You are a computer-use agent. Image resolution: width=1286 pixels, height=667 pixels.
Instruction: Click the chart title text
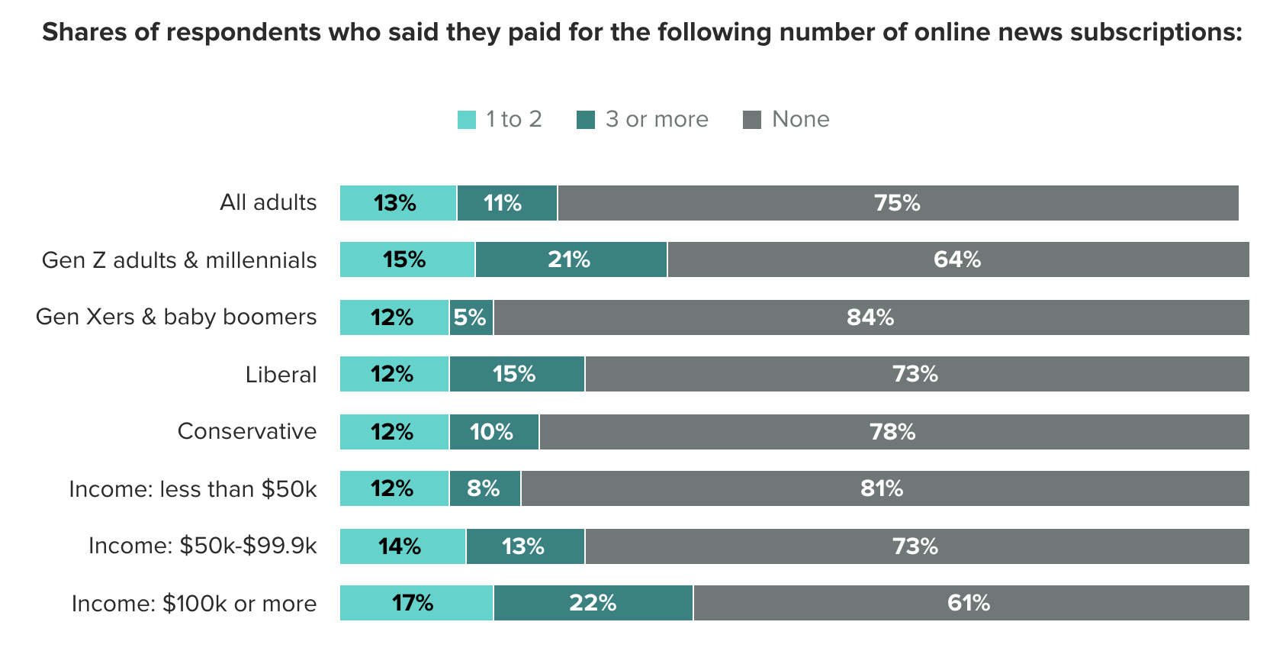pos(642,33)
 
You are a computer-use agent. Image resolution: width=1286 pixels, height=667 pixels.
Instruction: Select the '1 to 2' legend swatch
pos(466,120)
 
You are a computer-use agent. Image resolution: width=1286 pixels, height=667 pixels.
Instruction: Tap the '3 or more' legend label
pos(657,120)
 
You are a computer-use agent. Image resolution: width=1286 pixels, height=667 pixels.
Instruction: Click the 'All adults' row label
pos(268,203)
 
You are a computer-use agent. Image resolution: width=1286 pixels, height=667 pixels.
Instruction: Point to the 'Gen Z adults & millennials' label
pos(179,260)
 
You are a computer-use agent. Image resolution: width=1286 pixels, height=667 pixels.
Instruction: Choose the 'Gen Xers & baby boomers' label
pos(176,317)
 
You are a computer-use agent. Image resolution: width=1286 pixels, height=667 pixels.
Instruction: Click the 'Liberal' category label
pos(281,375)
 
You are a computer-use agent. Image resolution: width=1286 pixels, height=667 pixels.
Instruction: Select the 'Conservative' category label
pos(247,431)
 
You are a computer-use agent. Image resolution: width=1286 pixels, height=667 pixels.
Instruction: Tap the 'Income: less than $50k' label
pos(193,489)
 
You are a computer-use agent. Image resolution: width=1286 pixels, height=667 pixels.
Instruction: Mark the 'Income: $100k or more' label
pos(195,604)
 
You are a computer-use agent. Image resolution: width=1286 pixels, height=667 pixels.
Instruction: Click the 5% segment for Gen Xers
pos(471,317)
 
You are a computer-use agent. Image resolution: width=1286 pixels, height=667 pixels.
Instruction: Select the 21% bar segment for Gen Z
pos(571,260)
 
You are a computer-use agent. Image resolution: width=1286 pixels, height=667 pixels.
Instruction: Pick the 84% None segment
pos(870,317)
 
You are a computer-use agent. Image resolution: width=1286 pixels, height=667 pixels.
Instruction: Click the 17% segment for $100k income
pos(416,604)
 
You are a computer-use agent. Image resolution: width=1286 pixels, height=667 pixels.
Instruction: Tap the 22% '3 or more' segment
pos(593,604)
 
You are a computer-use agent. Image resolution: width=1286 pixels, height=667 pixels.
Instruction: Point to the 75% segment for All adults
pos(897,203)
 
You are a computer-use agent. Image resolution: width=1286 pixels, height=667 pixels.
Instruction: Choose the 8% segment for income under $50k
pos(484,489)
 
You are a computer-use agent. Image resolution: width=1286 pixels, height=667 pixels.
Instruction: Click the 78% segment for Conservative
pos(893,432)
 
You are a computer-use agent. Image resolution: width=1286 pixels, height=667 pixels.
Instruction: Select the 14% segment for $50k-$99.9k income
pos(402,546)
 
